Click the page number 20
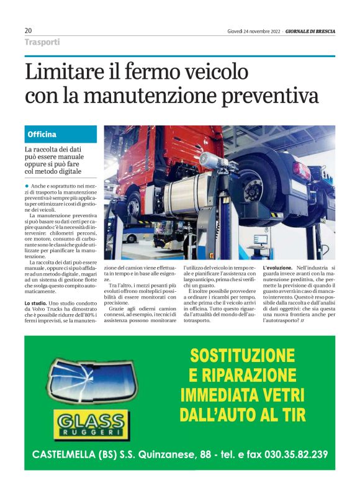[29, 30]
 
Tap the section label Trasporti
[42, 42]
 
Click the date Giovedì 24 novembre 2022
[254, 31]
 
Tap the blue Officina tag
[42, 134]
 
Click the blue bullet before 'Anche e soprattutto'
[27, 186]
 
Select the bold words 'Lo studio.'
[37, 302]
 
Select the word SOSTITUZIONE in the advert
[242, 356]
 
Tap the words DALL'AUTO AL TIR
[242, 414]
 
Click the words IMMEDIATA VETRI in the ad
[242, 395]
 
